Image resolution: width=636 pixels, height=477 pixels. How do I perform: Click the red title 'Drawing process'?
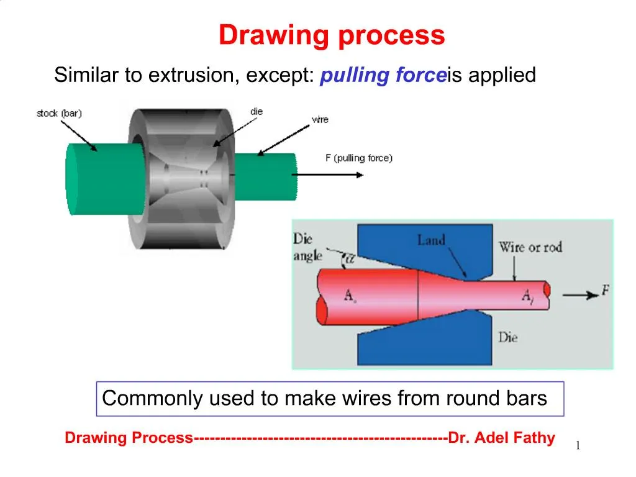pos(332,35)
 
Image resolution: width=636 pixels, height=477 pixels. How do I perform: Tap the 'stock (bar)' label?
pos(59,113)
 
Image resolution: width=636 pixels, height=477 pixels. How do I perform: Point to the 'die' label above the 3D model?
pos(257,111)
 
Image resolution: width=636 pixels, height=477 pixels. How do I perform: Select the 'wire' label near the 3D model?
pos(320,119)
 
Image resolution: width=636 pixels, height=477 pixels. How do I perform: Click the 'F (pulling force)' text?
pos(359,158)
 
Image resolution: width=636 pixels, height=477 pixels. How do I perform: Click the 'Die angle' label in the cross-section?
pos(307,247)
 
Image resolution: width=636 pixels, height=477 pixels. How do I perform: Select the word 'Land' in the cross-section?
pos(431,240)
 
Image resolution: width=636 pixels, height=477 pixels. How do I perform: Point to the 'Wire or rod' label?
pos(530,247)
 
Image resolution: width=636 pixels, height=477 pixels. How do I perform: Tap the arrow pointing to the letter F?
pos(578,295)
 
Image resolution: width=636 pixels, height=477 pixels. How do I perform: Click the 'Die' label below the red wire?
pos(507,338)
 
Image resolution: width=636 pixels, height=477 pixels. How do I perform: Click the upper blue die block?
pos(410,245)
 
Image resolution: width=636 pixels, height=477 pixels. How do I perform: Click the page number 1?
pos(578,445)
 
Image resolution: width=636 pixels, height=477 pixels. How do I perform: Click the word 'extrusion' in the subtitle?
pos(189,76)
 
